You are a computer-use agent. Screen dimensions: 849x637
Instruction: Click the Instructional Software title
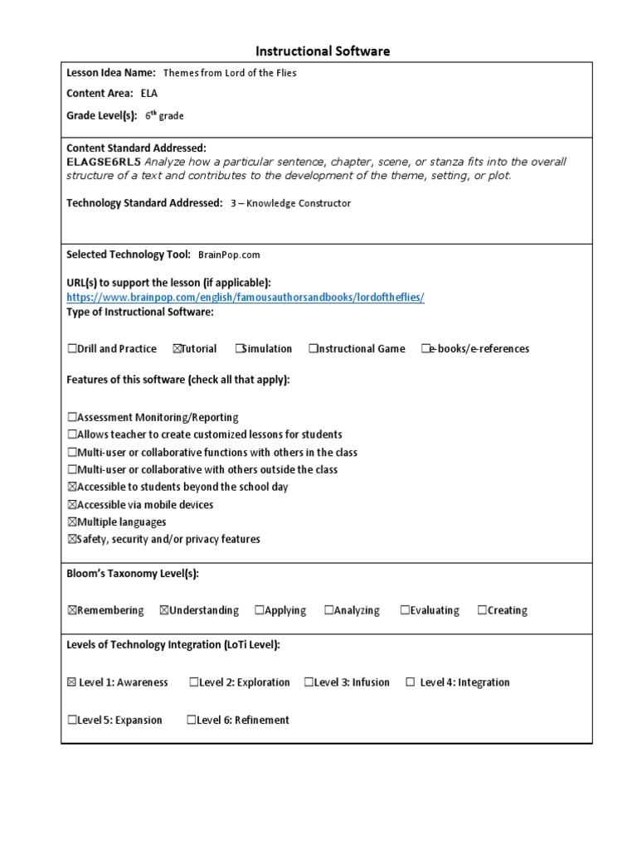pyautogui.click(x=323, y=51)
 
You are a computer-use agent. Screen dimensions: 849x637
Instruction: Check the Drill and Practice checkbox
pyautogui.click(x=72, y=349)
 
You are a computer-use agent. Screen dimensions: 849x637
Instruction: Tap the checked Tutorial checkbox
pyautogui.click(x=177, y=349)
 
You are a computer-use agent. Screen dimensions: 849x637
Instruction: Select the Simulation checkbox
pyautogui.click(x=239, y=349)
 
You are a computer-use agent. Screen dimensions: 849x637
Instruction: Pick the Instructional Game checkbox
pyautogui.click(x=314, y=349)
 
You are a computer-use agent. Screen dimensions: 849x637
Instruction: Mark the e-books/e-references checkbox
pyautogui.click(x=425, y=349)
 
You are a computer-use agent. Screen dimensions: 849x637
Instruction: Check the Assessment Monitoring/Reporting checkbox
pyautogui.click(x=72, y=418)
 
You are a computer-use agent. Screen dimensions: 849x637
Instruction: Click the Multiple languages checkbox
pyautogui.click(x=72, y=522)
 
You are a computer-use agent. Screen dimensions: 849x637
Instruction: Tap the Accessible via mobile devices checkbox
pyautogui.click(x=72, y=505)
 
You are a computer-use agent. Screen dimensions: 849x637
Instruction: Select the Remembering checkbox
pyautogui.click(x=72, y=611)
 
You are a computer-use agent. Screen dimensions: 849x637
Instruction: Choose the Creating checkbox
pyautogui.click(x=482, y=611)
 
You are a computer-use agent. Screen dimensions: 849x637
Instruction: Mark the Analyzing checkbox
pyautogui.click(x=329, y=611)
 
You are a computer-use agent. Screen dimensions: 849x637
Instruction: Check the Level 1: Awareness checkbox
pyautogui.click(x=71, y=683)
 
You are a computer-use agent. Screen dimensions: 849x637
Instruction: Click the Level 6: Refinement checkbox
pyautogui.click(x=192, y=720)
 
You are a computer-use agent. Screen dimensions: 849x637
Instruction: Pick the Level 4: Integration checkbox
pyautogui.click(x=410, y=683)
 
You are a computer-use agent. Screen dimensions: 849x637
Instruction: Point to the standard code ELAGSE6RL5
pyautogui.click(x=104, y=162)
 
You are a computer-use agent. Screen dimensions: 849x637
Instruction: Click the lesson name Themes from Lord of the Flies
pyautogui.click(x=230, y=73)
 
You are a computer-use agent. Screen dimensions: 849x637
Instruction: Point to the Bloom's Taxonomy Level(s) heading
pyautogui.click(x=133, y=574)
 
